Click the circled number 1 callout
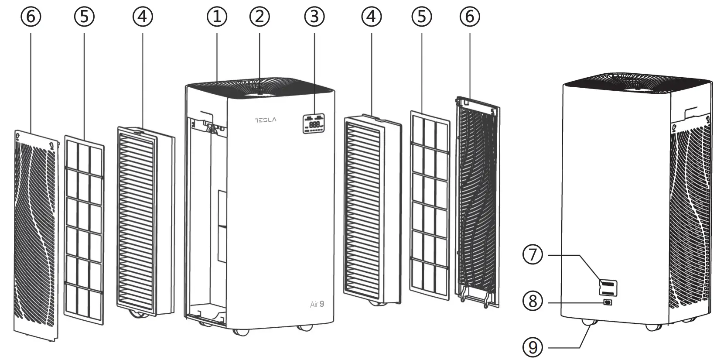(x=217, y=17)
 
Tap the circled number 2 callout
(x=259, y=17)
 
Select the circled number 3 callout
(x=314, y=17)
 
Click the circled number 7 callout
(x=533, y=254)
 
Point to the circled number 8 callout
(x=533, y=301)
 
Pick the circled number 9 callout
(x=533, y=347)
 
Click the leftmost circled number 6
(x=31, y=17)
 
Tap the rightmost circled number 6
(x=470, y=17)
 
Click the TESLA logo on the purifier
(x=265, y=120)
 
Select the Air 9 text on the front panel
(x=317, y=304)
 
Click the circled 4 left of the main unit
(x=143, y=17)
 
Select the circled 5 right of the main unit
(x=421, y=17)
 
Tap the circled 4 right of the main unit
(x=371, y=17)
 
